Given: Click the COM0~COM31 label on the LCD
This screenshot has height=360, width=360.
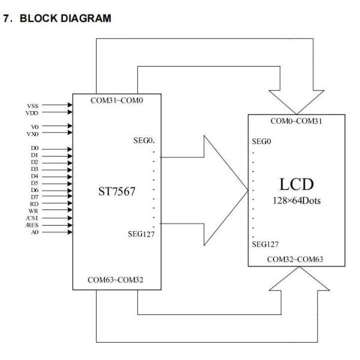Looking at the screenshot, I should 296,122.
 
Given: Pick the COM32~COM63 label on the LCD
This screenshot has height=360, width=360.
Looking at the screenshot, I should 296,260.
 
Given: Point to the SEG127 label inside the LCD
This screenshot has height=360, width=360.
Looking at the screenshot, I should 265,245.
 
